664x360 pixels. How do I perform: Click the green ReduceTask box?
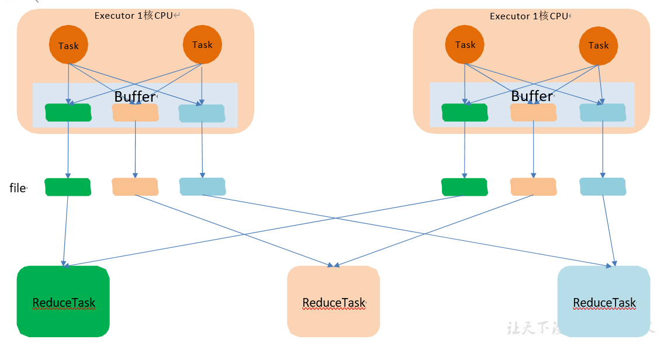(x=63, y=302)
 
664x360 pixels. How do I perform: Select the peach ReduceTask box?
(x=333, y=302)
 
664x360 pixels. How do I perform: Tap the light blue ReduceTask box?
(x=604, y=302)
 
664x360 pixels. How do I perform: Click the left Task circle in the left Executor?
(x=68, y=45)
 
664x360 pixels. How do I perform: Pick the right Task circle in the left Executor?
(x=202, y=44)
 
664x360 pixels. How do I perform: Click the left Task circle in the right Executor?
(x=465, y=44)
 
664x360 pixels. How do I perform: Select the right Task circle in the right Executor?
(x=599, y=45)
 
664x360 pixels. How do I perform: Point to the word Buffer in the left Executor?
(x=134, y=96)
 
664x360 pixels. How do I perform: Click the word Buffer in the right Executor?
(x=532, y=96)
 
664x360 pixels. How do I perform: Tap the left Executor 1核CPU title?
(x=134, y=16)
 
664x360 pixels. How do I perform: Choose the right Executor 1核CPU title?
(x=529, y=16)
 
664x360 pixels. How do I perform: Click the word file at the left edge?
(x=18, y=188)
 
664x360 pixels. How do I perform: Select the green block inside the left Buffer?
(x=68, y=113)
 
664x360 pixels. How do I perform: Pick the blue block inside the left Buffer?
(x=202, y=113)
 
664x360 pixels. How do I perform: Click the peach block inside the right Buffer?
(x=533, y=113)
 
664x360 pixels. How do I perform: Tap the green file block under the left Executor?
(x=68, y=187)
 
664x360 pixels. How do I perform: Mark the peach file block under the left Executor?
(x=135, y=187)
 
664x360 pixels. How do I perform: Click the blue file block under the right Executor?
(x=603, y=187)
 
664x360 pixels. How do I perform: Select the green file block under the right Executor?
(x=465, y=187)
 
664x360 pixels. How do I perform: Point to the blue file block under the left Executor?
(x=202, y=187)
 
